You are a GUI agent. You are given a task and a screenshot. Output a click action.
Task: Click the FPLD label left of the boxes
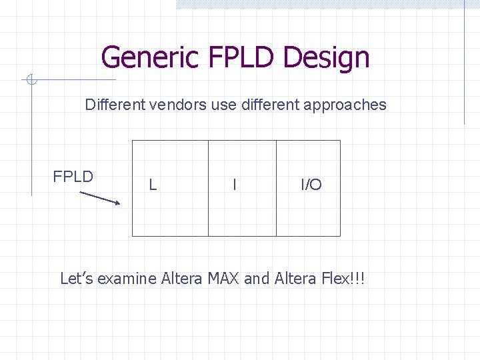pos(73,177)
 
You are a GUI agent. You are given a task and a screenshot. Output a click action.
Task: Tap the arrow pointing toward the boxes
pos(100,198)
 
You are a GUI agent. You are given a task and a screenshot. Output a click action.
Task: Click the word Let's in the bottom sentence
pos(77,278)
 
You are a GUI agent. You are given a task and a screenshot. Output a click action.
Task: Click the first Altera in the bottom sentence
pos(181,278)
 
